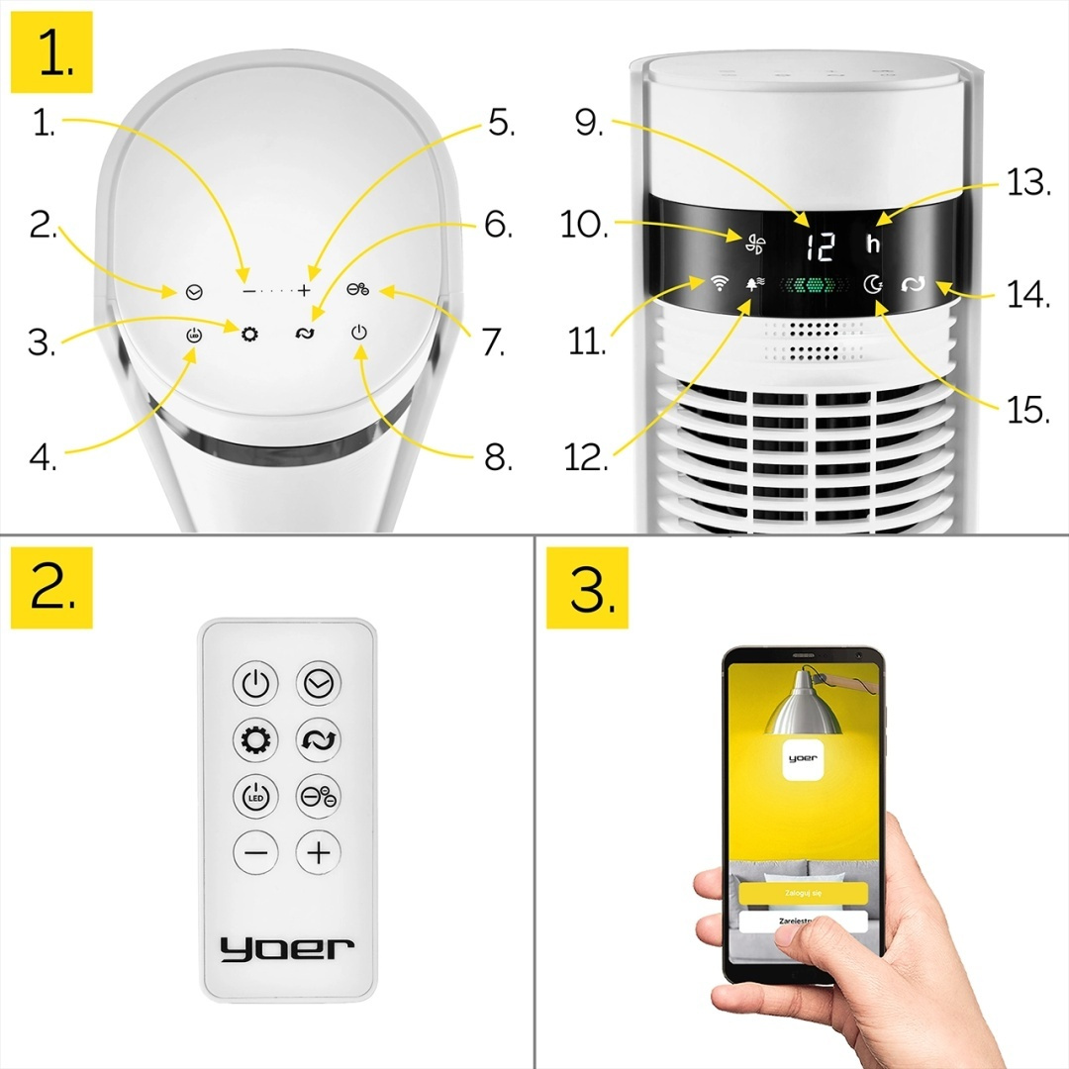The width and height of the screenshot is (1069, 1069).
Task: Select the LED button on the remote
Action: [255, 796]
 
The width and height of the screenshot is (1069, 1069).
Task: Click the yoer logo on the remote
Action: [287, 947]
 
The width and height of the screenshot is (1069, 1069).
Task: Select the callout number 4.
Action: [42, 456]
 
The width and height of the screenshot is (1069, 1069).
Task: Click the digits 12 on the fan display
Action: [818, 245]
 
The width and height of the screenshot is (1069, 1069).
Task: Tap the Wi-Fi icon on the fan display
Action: [719, 284]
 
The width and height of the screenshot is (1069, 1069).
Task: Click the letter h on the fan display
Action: [873, 244]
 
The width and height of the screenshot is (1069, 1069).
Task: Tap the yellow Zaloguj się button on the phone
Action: [803, 892]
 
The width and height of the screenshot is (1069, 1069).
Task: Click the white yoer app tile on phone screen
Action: [803, 760]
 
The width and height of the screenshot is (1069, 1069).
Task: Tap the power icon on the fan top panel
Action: [359, 333]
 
